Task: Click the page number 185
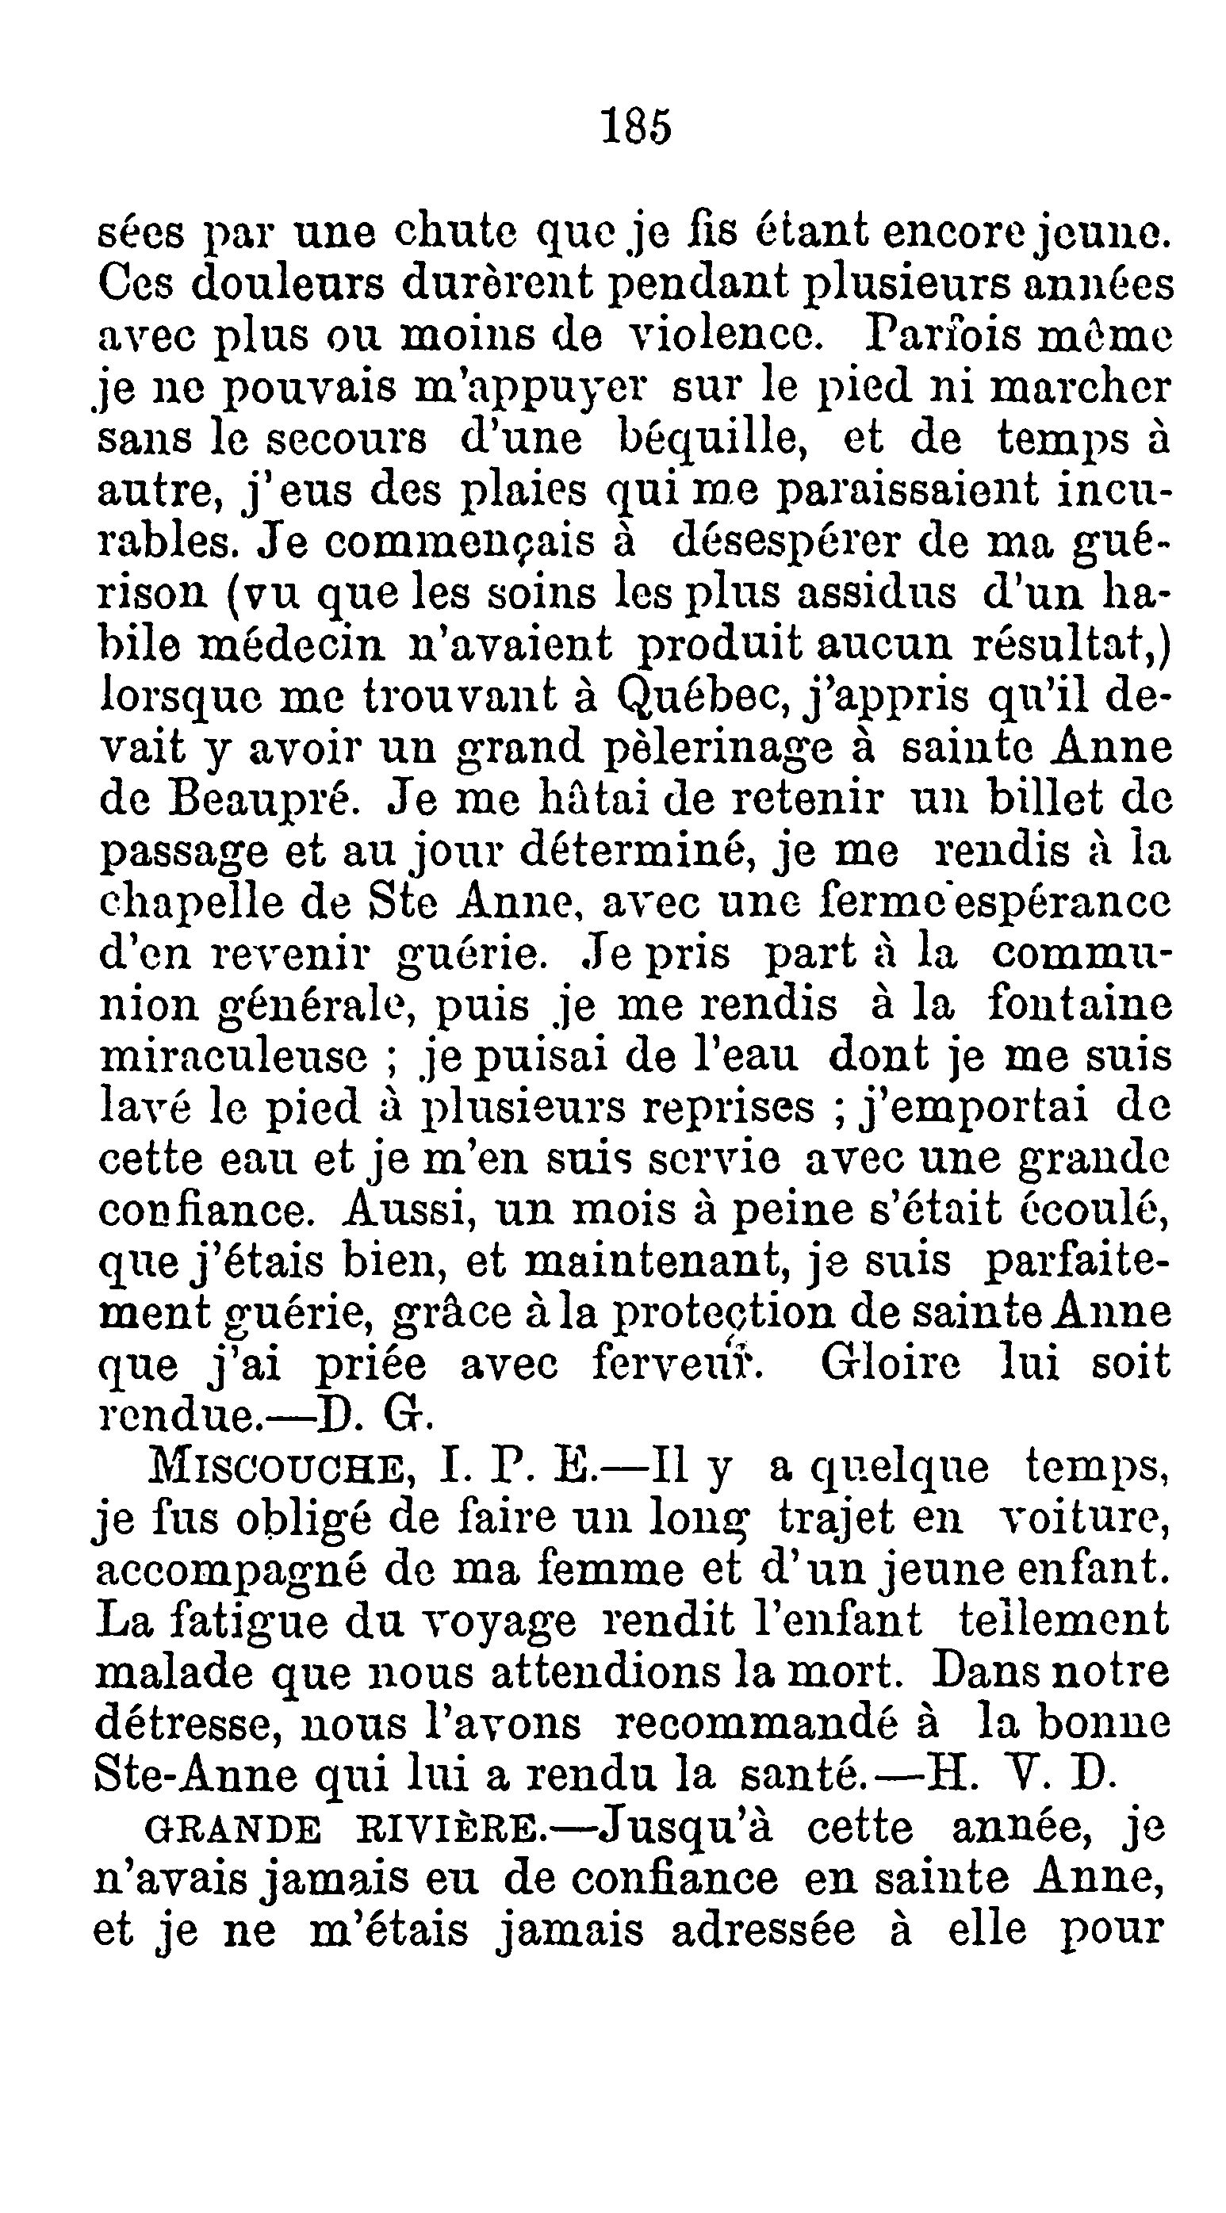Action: (x=636, y=127)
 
